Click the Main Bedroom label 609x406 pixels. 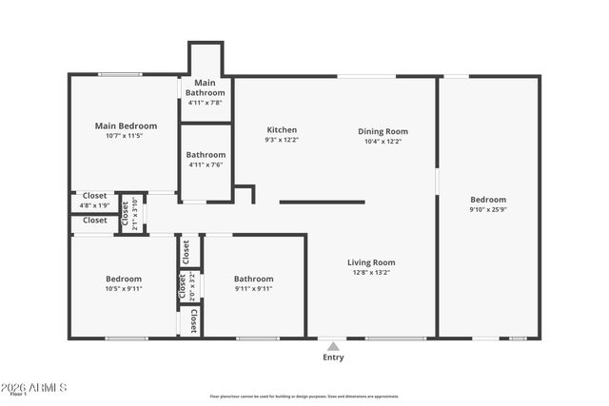pyautogui.click(x=126, y=126)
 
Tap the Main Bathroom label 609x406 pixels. pyautogui.click(x=206, y=87)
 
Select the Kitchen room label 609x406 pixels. pyautogui.click(x=282, y=130)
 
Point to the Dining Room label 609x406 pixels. pyautogui.click(x=383, y=131)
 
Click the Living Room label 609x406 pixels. pyautogui.click(x=370, y=262)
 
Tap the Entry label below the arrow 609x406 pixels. pyautogui.click(x=333, y=358)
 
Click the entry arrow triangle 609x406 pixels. pyautogui.click(x=332, y=346)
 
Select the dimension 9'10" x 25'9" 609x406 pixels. pyautogui.click(x=488, y=209)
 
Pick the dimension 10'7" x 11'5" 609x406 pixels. pyautogui.click(x=126, y=136)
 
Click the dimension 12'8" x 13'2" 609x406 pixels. pyautogui.click(x=370, y=273)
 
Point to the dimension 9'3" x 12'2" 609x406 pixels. pyautogui.click(x=282, y=141)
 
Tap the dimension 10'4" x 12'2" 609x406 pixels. pyautogui.click(x=383, y=141)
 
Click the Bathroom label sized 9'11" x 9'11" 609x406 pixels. pyautogui.click(x=253, y=279)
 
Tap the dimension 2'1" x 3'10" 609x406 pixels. pyautogui.click(x=136, y=214)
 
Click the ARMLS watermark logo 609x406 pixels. pyautogui.click(x=34, y=388)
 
